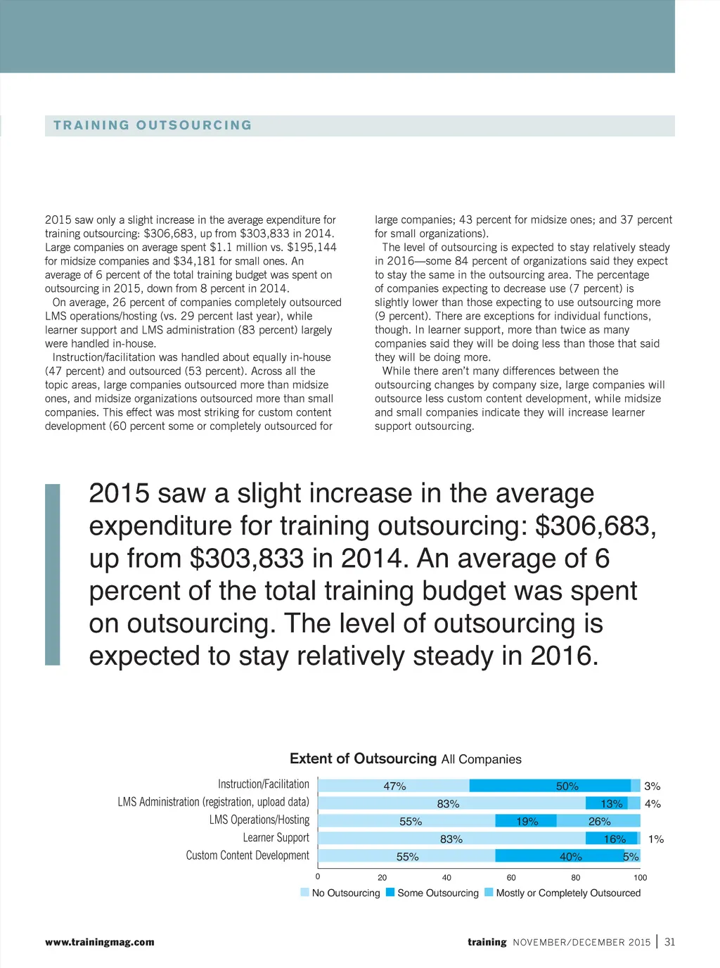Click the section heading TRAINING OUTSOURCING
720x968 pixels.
(153, 125)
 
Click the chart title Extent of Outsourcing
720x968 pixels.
(363, 758)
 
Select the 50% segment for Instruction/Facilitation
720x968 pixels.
(551, 786)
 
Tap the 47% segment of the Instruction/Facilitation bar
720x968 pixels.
(394, 786)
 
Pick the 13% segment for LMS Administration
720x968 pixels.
(611, 803)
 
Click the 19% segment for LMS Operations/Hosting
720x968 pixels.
(526, 821)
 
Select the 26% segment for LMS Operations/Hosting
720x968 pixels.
(599, 821)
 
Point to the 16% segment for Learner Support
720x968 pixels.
(614, 839)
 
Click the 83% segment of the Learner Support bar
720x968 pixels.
(451, 839)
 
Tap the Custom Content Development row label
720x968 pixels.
(247, 855)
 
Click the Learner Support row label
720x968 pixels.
(276, 838)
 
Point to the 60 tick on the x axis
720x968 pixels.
(511, 877)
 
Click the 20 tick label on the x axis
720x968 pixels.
(382, 877)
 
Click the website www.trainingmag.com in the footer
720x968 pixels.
(100, 942)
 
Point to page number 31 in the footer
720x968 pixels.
(669, 942)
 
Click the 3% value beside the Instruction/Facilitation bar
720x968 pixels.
(652, 786)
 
